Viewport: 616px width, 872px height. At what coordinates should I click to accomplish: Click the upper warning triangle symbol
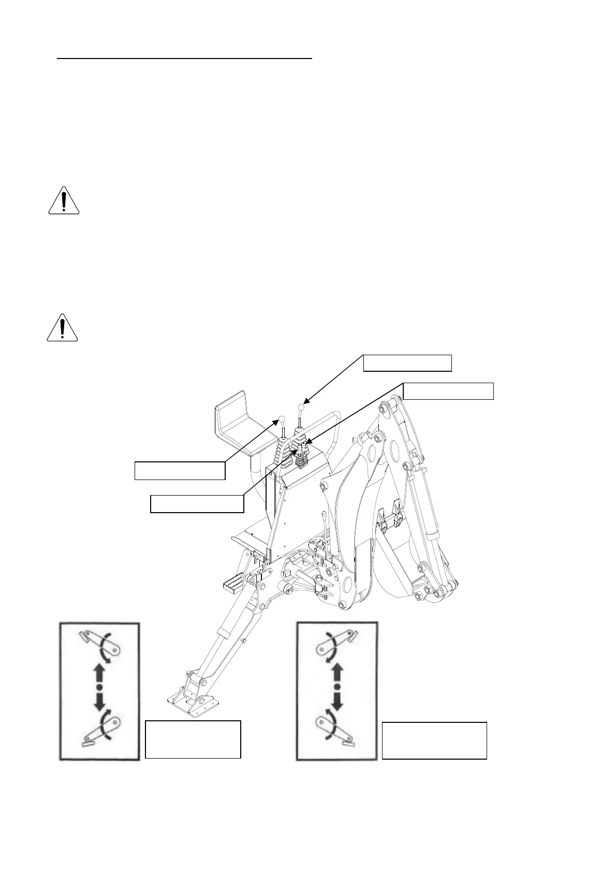click(x=63, y=200)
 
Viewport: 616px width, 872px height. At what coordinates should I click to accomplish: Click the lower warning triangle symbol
click(x=62, y=328)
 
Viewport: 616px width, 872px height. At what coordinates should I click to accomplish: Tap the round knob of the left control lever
click(x=282, y=418)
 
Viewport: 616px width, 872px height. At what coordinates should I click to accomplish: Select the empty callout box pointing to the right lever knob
click(x=407, y=363)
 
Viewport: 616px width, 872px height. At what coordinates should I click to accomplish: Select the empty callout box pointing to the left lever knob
click(x=180, y=470)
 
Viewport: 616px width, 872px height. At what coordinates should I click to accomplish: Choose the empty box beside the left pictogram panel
click(x=193, y=739)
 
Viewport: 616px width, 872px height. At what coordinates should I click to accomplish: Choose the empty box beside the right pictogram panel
click(x=434, y=740)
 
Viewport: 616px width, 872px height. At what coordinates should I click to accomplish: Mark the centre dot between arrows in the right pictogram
click(x=337, y=687)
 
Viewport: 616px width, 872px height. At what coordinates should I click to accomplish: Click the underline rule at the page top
click(x=185, y=59)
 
